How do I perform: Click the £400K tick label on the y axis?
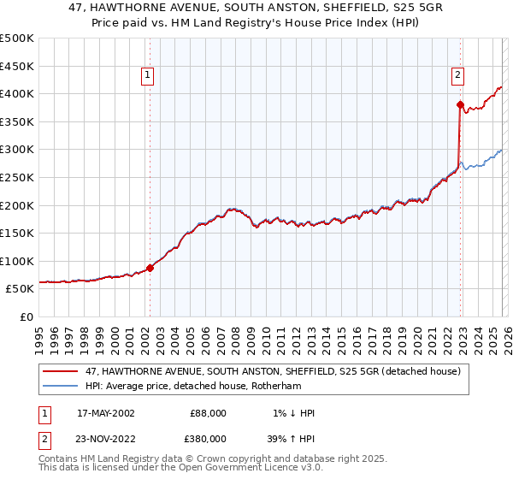click(x=16, y=93)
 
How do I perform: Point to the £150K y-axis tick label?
click(x=16, y=233)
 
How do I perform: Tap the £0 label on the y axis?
click(x=27, y=316)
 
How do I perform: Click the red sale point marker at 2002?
click(x=150, y=268)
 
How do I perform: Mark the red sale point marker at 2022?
click(x=460, y=105)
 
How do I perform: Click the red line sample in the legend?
click(x=61, y=371)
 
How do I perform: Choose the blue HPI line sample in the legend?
click(x=61, y=386)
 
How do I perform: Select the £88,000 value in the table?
click(x=208, y=413)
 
